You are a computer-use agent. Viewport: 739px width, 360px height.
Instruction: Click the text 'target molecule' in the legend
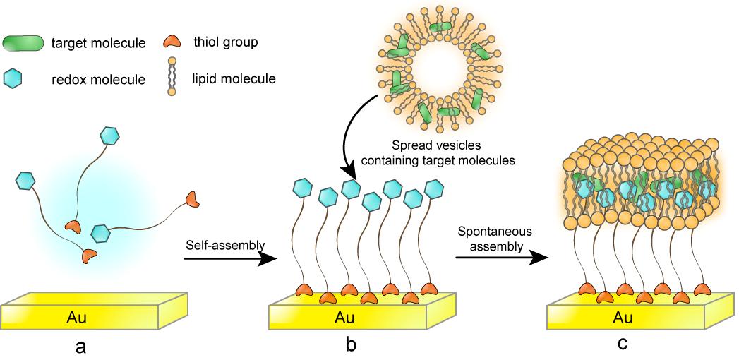pyautogui.click(x=99, y=44)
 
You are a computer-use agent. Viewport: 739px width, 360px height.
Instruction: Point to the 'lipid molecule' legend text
pyautogui.click(x=234, y=79)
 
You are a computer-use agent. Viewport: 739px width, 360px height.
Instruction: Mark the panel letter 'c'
pyautogui.click(x=620, y=345)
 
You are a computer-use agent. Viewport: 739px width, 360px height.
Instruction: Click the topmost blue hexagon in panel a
pyautogui.click(x=109, y=136)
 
